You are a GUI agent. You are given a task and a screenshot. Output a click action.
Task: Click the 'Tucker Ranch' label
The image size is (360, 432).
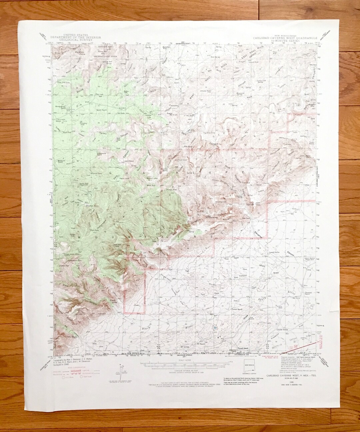pyautogui.click(x=238, y=309)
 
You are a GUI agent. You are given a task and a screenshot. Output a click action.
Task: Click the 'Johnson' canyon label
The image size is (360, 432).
pyautogui.click(x=243, y=82)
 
